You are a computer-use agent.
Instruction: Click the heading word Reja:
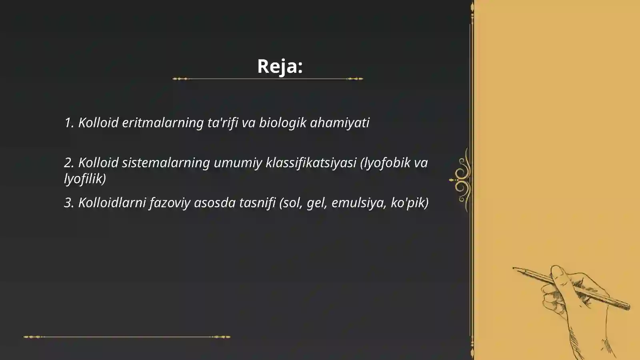click(280, 66)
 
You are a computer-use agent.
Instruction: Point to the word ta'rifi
click(222, 123)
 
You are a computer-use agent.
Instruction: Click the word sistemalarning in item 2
click(166, 163)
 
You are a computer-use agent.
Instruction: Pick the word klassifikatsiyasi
click(311, 163)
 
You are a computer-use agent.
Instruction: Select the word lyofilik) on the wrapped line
click(85, 178)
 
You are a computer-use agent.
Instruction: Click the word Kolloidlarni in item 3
click(112, 203)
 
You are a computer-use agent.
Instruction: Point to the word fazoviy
click(170, 203)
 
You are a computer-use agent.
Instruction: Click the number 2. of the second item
click(69, 163)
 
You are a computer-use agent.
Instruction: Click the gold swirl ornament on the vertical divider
click(462, 180)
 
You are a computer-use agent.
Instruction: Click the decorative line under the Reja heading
click(268, 79)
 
